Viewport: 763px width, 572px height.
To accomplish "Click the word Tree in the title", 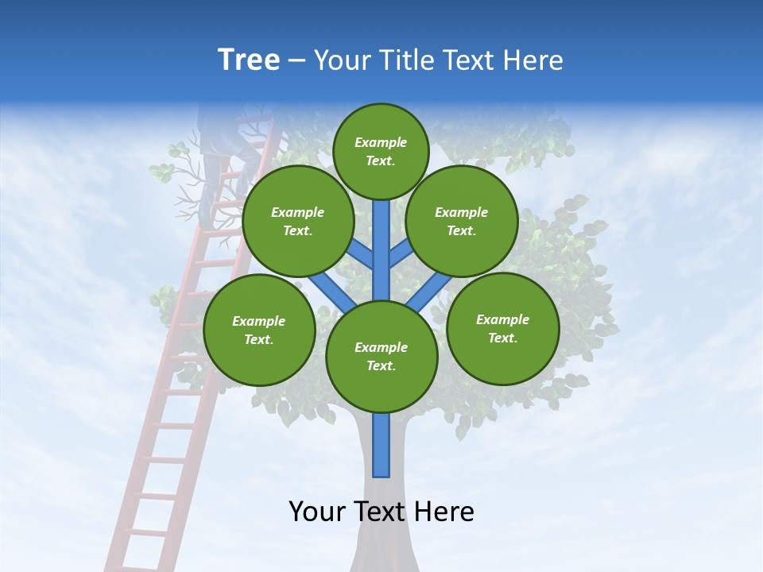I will pos(249,60).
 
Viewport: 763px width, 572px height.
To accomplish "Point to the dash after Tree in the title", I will pos(296,61).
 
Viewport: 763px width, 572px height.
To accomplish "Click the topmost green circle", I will pos(381,151).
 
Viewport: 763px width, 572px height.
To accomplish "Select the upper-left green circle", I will pos(298,221).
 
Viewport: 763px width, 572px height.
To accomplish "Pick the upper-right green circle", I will pos(462,221).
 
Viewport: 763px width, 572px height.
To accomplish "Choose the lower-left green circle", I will pos(259,330).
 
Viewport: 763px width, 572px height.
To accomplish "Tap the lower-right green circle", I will pos(503,328).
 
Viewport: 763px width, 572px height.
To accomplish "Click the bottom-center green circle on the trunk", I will pos(381,357).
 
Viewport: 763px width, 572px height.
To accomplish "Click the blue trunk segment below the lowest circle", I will pos(381,445).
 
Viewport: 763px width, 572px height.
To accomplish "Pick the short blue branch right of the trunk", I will pos(400,253).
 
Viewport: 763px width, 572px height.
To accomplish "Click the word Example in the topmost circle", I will pos(381,142).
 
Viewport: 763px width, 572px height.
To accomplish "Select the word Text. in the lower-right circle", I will pos(503,338).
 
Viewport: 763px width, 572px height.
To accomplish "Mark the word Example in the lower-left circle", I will pos(259,321).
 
